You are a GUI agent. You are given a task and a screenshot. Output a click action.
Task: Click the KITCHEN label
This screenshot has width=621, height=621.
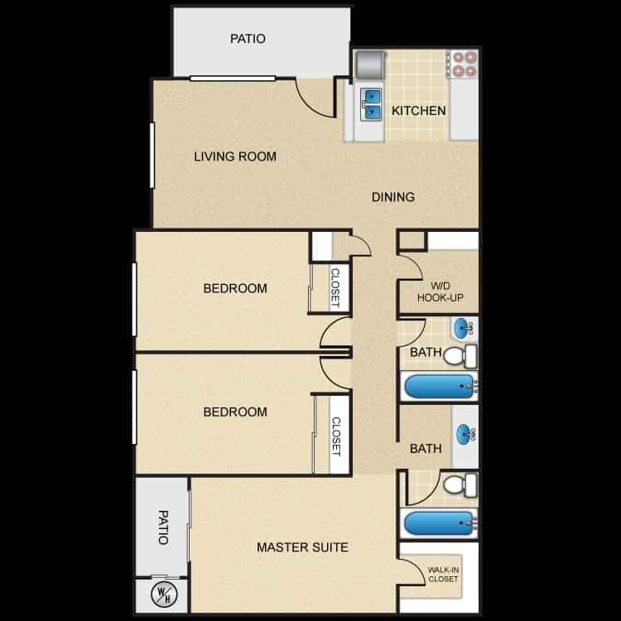[419, 111]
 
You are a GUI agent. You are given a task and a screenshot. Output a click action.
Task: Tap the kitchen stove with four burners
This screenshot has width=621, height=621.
[463, 65]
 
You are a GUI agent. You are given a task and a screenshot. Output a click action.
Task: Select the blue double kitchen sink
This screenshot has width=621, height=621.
[372, 103]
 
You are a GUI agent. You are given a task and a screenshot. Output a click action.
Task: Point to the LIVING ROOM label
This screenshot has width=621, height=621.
[235, 156]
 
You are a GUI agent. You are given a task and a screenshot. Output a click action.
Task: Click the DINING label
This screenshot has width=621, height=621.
[392, 197]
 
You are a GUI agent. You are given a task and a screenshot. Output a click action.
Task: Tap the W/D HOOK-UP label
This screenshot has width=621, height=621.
[440, 290]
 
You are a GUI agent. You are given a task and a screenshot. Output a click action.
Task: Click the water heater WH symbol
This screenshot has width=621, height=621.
[161, 595]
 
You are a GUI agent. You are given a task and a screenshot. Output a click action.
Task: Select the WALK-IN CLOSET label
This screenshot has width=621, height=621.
[443, 574]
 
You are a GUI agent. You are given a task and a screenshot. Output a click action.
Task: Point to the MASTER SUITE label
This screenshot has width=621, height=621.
[301, 547]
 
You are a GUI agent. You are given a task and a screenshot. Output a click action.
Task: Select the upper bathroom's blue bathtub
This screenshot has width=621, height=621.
[437, 386]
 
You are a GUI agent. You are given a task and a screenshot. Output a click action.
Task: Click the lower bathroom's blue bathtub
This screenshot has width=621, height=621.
[437, 523]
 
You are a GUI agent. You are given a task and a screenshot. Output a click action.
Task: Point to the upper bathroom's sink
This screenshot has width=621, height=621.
[464, 329]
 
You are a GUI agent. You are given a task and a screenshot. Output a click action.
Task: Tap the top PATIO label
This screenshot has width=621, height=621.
[248, 38]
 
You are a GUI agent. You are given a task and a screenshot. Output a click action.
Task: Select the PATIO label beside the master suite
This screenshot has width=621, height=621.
[162, 527]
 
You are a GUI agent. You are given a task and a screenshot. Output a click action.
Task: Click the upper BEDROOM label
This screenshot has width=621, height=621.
[235, 289]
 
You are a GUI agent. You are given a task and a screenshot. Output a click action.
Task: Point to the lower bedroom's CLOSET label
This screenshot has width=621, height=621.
[336, 436]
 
